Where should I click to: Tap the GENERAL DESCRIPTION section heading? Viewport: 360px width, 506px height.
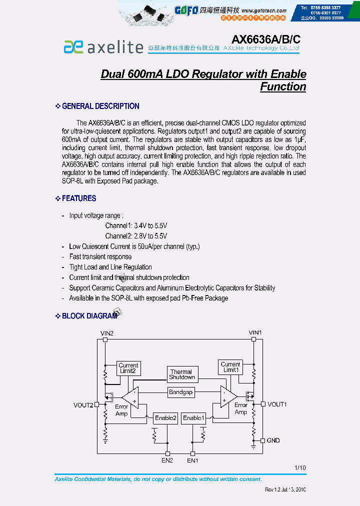(100, 106)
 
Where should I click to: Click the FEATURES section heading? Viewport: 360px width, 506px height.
(79, 198)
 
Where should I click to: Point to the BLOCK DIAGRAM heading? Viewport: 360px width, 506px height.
(89, 316)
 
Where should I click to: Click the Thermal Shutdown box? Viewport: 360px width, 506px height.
(181, 374)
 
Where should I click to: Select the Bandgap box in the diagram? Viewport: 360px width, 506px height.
(180, 392)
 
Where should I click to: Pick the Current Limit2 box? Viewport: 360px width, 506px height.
(128, 368)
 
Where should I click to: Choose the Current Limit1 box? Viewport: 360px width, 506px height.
(230, 367)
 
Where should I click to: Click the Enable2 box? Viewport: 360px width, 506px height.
(165, 417)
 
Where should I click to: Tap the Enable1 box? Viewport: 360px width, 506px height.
(193, 417)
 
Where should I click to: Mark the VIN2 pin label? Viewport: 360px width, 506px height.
(107, 333)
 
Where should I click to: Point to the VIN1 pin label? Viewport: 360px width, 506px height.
(255, 332)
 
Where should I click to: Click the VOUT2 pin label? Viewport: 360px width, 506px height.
(83, 405)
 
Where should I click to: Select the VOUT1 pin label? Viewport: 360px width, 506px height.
(277, 404)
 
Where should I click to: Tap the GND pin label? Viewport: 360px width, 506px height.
(273, 440)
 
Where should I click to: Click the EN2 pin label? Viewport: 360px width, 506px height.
(167, 460)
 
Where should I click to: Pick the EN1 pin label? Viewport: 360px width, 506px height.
(192, 460)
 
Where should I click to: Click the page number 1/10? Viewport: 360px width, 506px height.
(300, 468)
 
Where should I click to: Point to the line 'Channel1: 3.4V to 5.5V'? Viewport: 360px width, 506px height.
(136, 226)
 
